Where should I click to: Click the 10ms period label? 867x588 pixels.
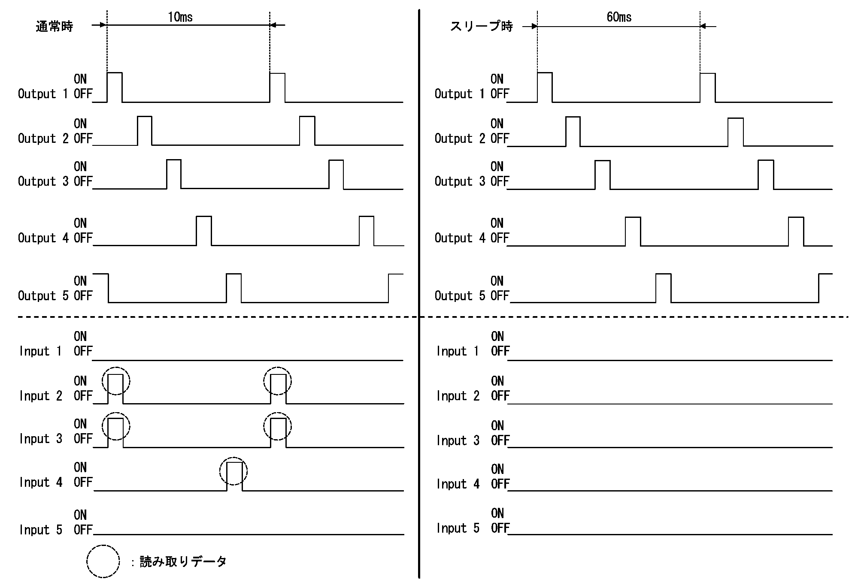point(180,17)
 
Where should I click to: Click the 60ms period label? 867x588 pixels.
point(619,17)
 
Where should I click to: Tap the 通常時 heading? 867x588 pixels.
point(55,27)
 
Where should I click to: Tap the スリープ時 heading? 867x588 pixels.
point(482,27)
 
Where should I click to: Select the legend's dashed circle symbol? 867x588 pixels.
point(103,561)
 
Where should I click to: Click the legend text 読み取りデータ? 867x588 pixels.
point(183,561)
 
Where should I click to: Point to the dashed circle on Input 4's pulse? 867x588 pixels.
point(234,471)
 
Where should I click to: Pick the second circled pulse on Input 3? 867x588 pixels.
point(278,426)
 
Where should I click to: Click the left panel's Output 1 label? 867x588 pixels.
point(43,94)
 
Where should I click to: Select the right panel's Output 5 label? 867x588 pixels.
point(460,296)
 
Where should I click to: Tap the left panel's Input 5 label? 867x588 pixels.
point(41,530)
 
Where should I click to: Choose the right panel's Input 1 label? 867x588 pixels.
point(458,351)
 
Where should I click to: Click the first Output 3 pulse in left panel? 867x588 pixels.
point(174,174)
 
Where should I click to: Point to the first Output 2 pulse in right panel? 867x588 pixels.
point(573,131)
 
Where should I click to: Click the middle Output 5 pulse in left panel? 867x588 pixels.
point(233,288)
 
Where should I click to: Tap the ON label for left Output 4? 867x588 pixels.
point(80,223)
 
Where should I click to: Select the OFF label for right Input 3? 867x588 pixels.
point(500,440)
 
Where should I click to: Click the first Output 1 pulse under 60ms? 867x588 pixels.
point(545,87)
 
